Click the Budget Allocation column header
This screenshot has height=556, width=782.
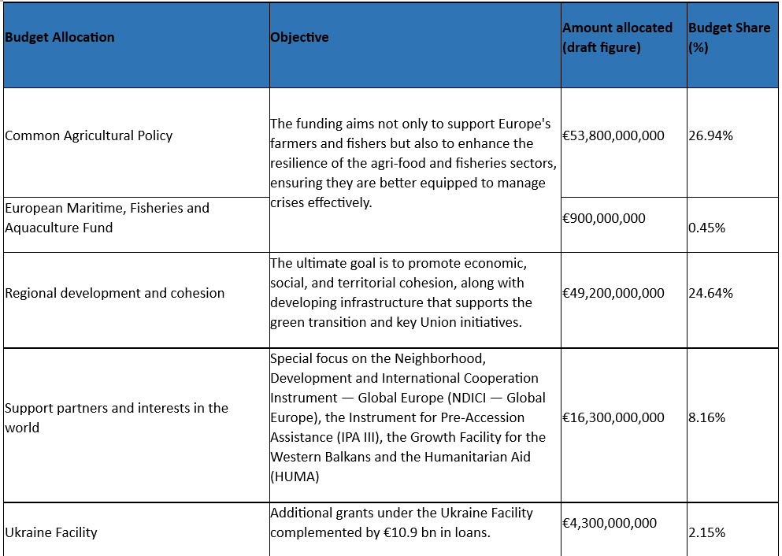(60, 37)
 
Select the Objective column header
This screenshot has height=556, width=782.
(299, 37)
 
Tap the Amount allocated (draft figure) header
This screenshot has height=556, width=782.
(617, 37)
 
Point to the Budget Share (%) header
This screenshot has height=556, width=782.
(729, 37)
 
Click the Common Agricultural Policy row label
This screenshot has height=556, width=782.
(89, 135)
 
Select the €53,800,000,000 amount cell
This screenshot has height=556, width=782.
(613, 135)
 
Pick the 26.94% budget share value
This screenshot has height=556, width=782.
(710, 135)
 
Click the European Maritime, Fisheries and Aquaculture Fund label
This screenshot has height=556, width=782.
(107, 218)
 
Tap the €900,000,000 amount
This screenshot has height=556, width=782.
(604, 218)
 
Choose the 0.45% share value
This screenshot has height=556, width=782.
(707, 228)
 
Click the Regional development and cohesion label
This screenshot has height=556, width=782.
(115, 293)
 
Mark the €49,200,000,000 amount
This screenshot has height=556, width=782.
(613, 293)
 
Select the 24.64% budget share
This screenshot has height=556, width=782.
(710, 293)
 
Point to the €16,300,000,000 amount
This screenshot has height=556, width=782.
(613, 417)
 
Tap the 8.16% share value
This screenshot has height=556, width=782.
(706, 417)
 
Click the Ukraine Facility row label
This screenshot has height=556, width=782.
(51, 532)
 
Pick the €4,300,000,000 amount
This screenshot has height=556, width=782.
(610, 523)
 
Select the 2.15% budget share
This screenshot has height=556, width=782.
(706, 532)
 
